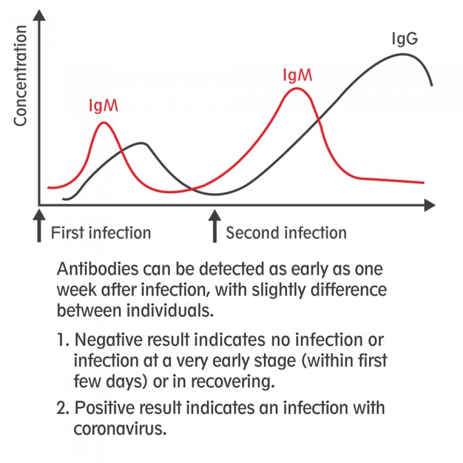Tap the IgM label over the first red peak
[103, 106]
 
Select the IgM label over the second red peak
[298, 75]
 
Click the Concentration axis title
[21, 75]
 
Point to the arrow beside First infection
[39, 226]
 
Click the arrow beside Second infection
[215, 226]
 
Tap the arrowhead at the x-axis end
[430, 205]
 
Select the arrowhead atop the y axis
[39, 15]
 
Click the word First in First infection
[67, 233]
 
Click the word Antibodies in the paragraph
[97, 269]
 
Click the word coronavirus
[120, 429]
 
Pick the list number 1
[62, 340]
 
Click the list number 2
[62, 408]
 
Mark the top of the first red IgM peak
[103, 122]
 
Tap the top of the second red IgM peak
[297, 88]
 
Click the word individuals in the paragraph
[170, 311]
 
